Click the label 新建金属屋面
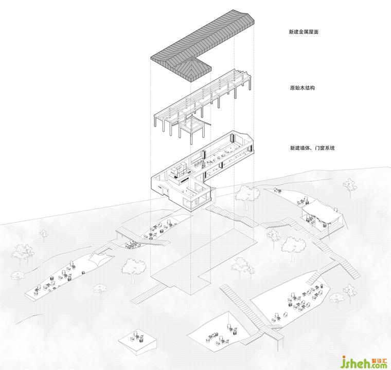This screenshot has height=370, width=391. pyautogui.click(x=305, y=32)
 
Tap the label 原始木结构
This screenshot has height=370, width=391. pyautogui.click(x=302, y=88)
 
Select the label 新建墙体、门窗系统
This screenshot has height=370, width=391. pyautogui.click(x=312, y=148)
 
